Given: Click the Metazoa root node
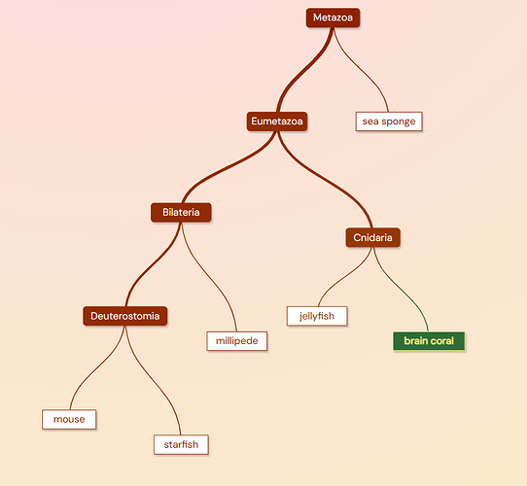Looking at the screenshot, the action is tap(333, 17).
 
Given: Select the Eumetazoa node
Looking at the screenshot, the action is tap(277, 121).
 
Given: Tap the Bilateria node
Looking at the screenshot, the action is tap(181, 213).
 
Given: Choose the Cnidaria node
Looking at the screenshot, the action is tap(372, 237).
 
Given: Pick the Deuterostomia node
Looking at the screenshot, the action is tap(125, 316).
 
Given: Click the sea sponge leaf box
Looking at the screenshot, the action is tap(389, 121).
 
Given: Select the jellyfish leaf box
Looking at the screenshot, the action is tap(317, 316).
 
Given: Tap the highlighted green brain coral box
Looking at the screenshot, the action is tap(429, 341).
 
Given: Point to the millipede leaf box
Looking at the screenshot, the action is tap(237, 341).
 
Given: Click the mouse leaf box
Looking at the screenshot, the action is tap(69, 420).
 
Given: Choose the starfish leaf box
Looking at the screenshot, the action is tap(181, 444).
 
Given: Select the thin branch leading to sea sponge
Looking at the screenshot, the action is tap(361, 69).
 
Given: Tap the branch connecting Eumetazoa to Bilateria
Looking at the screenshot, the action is tap(229, 167).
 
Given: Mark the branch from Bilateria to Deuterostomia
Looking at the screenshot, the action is tap(153, 264).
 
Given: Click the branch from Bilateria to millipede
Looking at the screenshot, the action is tap(209, 277).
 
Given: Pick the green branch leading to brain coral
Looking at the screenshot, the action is tap(401, 290).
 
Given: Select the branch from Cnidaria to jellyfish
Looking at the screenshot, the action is tap(345, 276).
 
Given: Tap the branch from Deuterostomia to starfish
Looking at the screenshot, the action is tap(153, 381).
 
